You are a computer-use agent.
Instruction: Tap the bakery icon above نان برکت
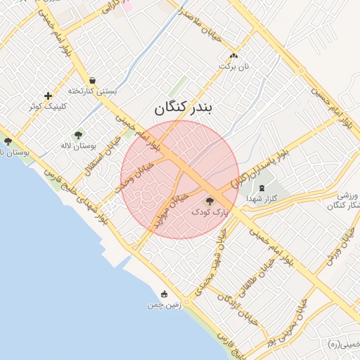233,56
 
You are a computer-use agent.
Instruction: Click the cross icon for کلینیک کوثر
48,96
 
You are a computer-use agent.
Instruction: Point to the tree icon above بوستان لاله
78,135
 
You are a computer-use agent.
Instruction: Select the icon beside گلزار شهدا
262,188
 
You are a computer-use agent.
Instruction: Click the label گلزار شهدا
263,199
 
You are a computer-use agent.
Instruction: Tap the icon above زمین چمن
164,295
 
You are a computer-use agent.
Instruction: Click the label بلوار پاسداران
259,166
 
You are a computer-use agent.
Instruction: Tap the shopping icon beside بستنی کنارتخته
93,80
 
